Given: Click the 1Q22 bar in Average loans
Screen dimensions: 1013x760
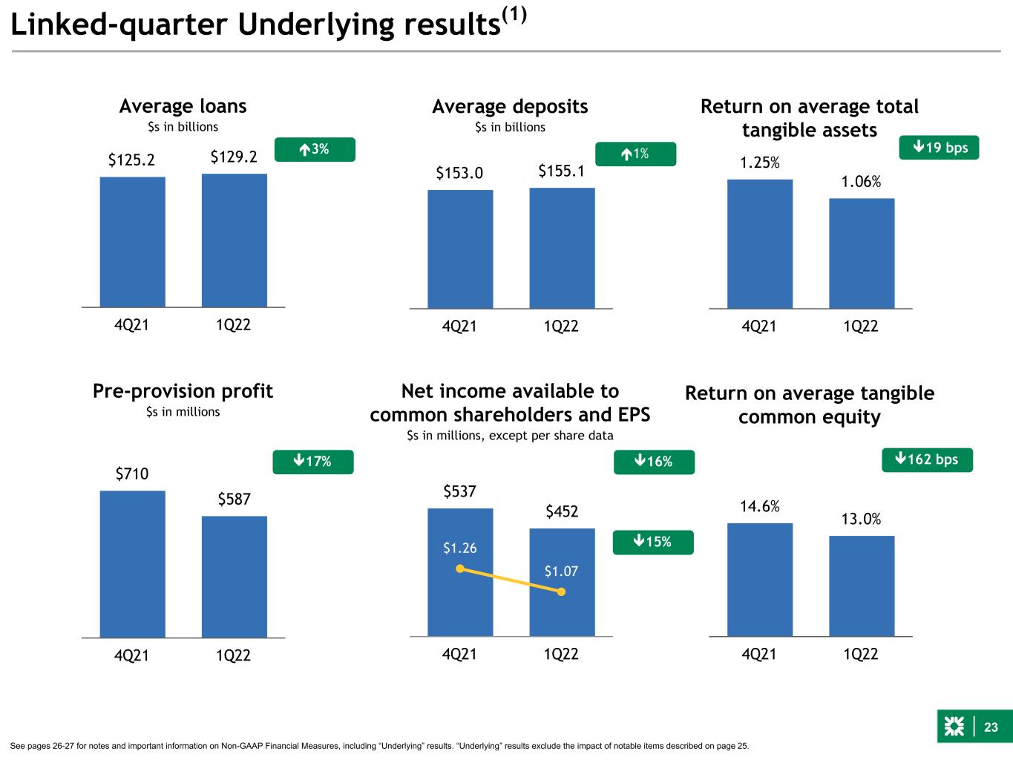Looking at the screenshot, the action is coord(235,240).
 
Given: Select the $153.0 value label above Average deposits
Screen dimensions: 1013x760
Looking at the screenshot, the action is coord(459,173).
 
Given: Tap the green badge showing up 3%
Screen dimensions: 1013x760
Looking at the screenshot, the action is coord(315,149).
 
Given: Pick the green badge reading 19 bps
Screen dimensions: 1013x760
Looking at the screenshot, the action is coord(939,148).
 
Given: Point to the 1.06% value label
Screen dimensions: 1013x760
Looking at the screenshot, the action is coord(861,181).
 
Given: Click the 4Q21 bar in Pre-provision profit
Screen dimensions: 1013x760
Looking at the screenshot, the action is coord(132,564).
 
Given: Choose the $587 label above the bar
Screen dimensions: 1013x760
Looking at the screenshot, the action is coord(235,499).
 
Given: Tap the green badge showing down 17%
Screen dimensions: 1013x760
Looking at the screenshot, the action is coord(313,462).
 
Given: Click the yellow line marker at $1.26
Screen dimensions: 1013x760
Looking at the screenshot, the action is coord(459,569).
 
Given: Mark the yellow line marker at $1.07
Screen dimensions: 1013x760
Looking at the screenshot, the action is coord(561,592).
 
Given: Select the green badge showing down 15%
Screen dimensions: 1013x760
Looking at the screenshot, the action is coord(653,543).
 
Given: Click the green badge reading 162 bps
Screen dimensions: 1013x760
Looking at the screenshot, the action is coord(927,459).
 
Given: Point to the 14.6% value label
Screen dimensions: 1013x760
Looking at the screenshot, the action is coord(760,506).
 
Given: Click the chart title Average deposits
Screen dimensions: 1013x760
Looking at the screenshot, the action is coord(510,107).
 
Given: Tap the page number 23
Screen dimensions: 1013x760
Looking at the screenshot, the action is coord(991,727).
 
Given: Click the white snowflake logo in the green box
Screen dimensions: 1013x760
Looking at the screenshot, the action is coord(954,727).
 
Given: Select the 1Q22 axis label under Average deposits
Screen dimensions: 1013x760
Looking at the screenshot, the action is coord(561,327).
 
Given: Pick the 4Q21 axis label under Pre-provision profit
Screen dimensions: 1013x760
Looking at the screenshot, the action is coord(131,655).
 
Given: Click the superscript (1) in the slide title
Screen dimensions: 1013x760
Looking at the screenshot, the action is coord(514,16).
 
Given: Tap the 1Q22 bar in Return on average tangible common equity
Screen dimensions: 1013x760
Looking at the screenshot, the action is coord(862,586).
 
